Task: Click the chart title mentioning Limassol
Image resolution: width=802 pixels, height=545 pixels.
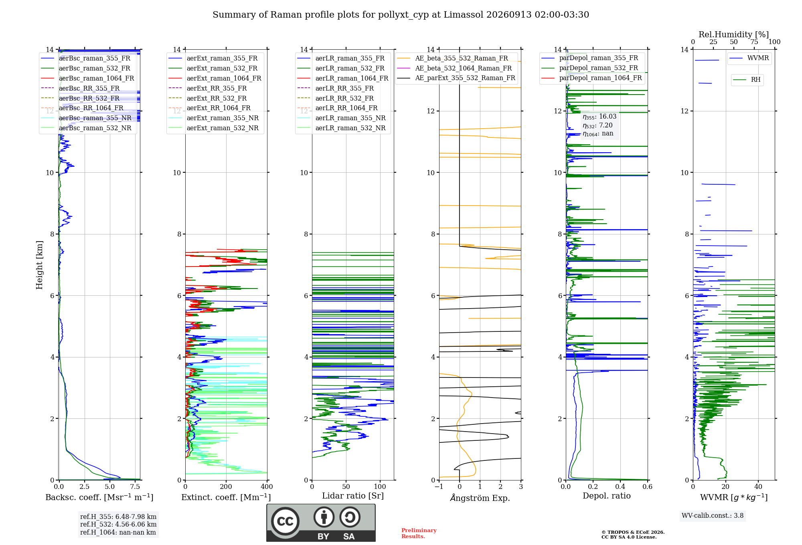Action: pos(401,15)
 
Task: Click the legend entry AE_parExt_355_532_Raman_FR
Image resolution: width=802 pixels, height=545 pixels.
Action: pos(456,78)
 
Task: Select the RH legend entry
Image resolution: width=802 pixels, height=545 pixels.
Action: pos(747,80)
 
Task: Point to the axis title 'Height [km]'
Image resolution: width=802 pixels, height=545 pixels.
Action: pos(39,265)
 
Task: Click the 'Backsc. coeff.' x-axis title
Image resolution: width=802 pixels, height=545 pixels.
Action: pos(99,497)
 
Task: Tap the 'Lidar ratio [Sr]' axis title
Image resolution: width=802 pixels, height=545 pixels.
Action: pos(353,496)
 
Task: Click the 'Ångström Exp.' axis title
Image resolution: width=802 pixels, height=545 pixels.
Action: pos(480,497)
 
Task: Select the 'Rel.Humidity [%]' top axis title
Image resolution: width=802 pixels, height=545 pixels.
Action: pos(734,34)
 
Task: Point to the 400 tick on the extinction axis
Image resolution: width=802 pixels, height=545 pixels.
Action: pos(267,487)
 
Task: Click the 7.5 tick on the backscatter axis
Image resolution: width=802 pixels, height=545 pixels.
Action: pos(135,487)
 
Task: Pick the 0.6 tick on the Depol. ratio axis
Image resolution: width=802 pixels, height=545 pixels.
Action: pos(647,487)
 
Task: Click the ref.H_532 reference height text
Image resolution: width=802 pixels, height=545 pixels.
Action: pos(118,525)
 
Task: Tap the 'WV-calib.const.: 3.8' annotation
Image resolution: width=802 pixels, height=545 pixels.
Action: pos(713,516)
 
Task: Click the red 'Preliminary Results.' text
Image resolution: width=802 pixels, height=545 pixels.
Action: pos(419,533)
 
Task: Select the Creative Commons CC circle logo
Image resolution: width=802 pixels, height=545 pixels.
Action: pos(285,521)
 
